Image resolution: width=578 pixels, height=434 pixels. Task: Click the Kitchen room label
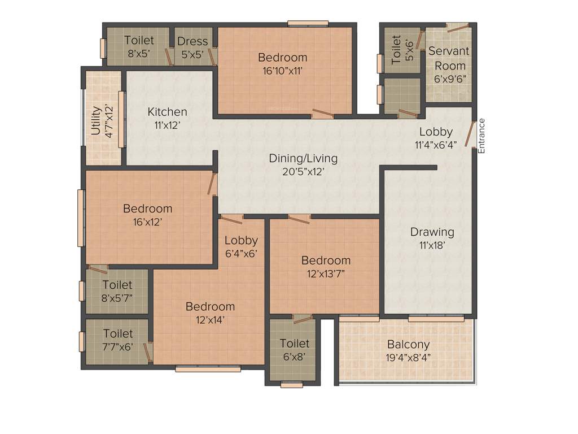(x=167, y=112)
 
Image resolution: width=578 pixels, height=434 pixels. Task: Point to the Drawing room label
(x=432, y=232)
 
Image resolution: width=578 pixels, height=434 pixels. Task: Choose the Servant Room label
(x=449, y=58)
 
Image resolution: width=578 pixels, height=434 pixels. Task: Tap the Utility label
(x=96, y=120)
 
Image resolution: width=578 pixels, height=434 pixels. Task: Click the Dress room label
(x=192, y=41)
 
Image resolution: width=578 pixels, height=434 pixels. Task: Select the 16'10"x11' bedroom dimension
(x=283, y=71)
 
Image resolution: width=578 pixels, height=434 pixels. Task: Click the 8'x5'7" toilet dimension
(x=117, y=298)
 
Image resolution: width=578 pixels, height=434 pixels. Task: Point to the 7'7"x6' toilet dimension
(x=117, y=347)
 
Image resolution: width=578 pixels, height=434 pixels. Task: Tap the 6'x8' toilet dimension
(x=294, y=357)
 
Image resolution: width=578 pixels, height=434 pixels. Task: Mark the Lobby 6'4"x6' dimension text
(x=241, y=253)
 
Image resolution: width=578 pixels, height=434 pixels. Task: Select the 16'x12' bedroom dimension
(x=147, y=222)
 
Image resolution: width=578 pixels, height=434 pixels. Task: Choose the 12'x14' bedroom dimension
(x=210, y=320)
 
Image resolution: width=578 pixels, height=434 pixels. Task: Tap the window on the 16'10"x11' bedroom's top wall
(x=304, y=23)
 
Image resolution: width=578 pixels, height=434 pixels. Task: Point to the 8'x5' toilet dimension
(x=139, y=55)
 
